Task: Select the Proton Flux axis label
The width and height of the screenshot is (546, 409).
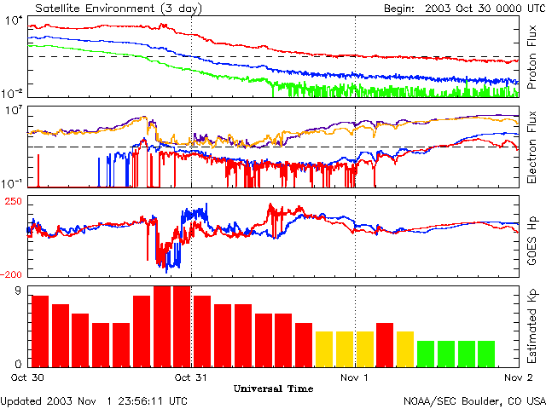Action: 531,58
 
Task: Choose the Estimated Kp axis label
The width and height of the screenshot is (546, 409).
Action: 531,326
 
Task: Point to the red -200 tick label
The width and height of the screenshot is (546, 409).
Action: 13,274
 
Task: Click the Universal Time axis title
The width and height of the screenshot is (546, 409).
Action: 273,389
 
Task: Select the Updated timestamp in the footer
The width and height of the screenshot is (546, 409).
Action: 94,400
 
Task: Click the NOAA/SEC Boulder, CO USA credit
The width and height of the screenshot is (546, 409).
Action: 474,400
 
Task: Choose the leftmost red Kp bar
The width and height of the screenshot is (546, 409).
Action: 40,331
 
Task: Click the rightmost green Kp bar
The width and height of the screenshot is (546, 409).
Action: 487,353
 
